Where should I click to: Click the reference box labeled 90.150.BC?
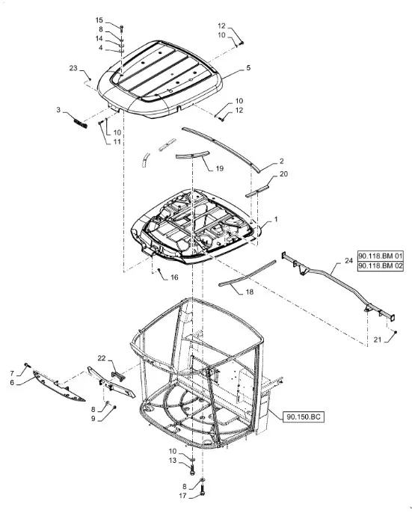pos(304,417)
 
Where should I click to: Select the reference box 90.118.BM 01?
pos(380,256)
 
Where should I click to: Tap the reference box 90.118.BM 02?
pos(380,266)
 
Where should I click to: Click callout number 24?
pos(349,261)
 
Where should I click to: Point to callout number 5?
pos(248,68)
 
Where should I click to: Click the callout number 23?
pos(73,68)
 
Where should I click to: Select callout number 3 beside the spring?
pos(58,110)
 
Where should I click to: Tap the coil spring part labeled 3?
pos(80,123)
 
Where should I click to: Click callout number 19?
pos(220,168)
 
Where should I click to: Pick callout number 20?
pos(283,173)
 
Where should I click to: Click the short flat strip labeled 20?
pos(257,191)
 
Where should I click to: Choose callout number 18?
pos(249,291)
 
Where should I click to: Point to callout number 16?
pos(174,277)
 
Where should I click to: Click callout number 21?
pos(378,340)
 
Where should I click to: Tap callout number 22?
pos(102,358)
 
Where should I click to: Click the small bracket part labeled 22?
pos(119,375)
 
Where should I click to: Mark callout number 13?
pos(173,461)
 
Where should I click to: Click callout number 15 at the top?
pos(99,20)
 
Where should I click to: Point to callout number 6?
pos(12,382)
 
